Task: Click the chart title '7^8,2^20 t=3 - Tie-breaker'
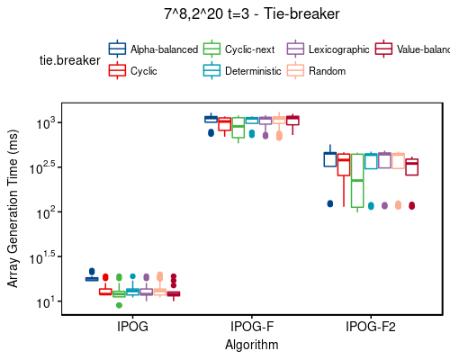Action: (x=251, y=14)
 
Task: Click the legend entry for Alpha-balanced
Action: (x=163, y=49)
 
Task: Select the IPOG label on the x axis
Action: (x=132, y=328)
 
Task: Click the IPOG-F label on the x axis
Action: (x=252, y=328)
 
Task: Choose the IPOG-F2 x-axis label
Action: (x=371, y=328)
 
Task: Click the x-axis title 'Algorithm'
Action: (x=252, y=345)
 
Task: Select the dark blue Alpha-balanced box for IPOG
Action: (x=92, y=279)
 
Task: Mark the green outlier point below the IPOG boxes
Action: (x=119, y=305)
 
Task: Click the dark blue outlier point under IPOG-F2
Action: (x=329, y=203)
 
